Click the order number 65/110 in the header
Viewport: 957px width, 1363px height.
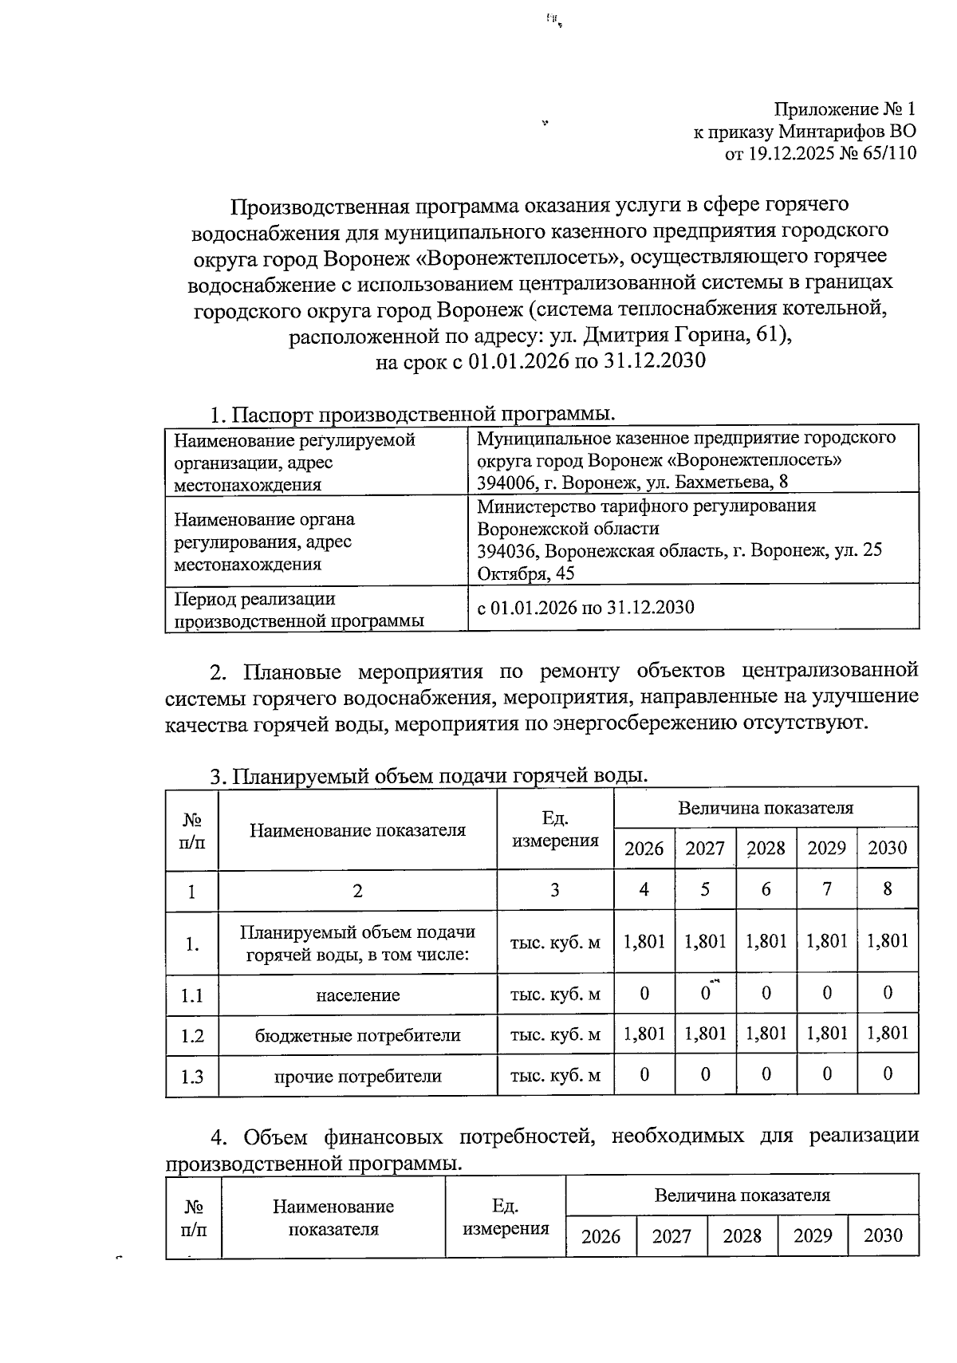pos(888,153)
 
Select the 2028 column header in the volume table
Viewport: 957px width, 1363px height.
pos(766,848)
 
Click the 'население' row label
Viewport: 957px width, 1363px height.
pos(357,995)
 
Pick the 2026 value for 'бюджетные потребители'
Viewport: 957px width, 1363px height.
pos(644,1034)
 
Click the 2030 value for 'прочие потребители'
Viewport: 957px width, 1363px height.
pos(888,1074)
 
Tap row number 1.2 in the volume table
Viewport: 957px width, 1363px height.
pos(191,1036)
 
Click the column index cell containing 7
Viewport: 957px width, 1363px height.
pos(826,889)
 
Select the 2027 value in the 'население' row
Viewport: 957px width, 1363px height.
pos(705,994)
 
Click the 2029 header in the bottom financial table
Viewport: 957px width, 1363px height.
pos(813,1236)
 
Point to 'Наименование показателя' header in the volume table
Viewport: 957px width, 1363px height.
pos(357,829)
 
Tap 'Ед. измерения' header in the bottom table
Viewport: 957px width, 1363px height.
pos(506,1217)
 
